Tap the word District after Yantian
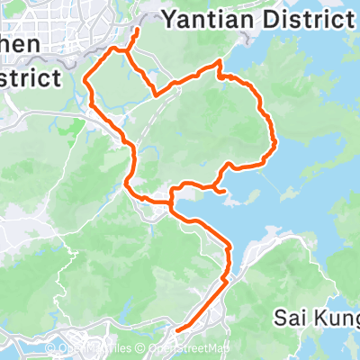click(303, 17)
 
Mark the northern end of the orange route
click(137, 30)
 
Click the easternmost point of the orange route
click(274, 140)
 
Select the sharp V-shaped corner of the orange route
click(157, 94)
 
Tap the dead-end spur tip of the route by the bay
click(223, 190)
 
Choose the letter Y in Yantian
click(168, 17)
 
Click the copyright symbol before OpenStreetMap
click(143, 348)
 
